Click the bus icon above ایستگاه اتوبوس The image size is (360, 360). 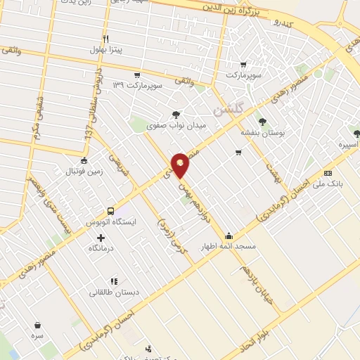(x=110, y=211)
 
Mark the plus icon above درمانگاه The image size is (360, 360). (x=101, y=238)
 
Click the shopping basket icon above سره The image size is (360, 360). (x=37, y=325)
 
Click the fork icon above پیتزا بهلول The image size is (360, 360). (x=105, y=39)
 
